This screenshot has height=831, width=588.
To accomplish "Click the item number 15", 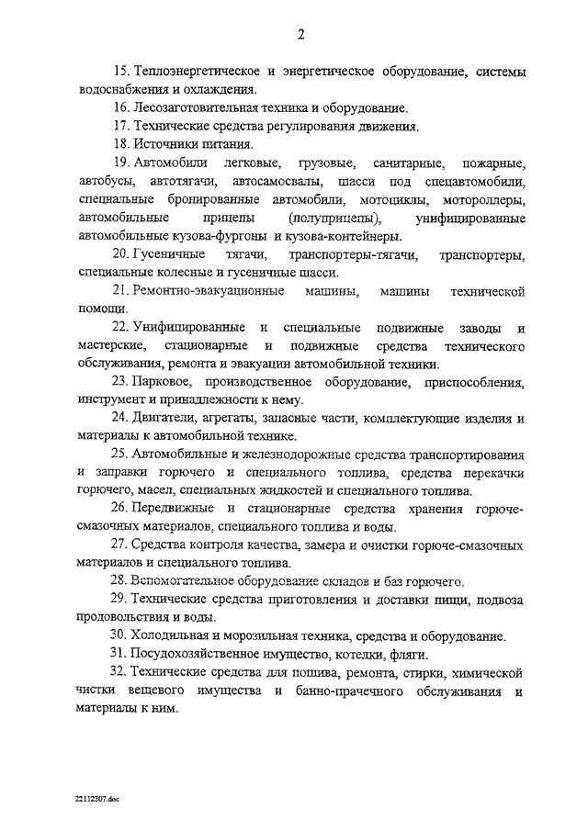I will [121, 72].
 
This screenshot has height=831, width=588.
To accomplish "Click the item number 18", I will [121, 144].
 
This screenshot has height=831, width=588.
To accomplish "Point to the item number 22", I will [121, 328].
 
